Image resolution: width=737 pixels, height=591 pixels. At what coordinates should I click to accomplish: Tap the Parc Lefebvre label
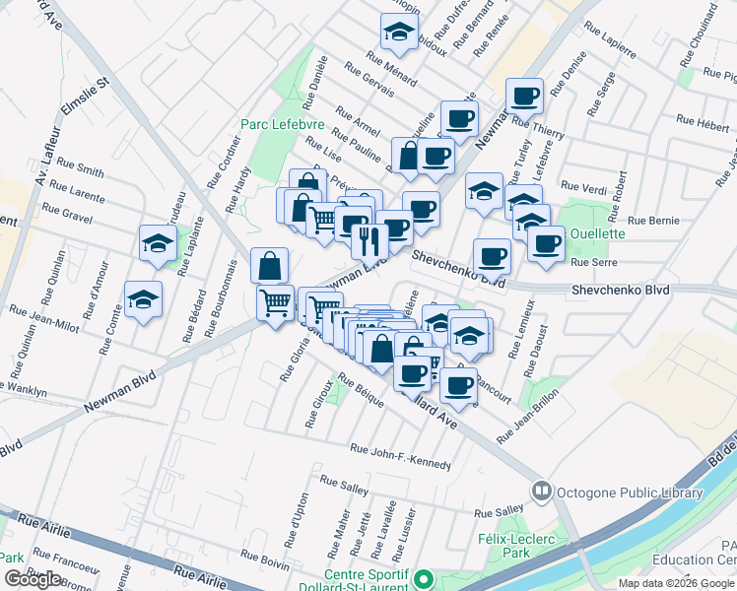[x=277, y=125]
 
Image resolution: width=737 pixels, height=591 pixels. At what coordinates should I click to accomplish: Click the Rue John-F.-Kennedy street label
[x=400, y=456]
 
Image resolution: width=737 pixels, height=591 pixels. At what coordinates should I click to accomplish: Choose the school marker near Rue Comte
[x=143, y=299]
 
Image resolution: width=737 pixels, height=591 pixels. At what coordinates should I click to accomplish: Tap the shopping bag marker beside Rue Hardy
[x=269, y=264]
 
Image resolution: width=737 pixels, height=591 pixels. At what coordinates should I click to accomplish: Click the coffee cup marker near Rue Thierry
[x=524, y=97]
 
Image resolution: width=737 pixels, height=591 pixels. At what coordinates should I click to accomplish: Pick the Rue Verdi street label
[x=582, y=186]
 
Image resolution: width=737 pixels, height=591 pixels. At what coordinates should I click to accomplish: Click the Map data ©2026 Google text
[x=675, y=583]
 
